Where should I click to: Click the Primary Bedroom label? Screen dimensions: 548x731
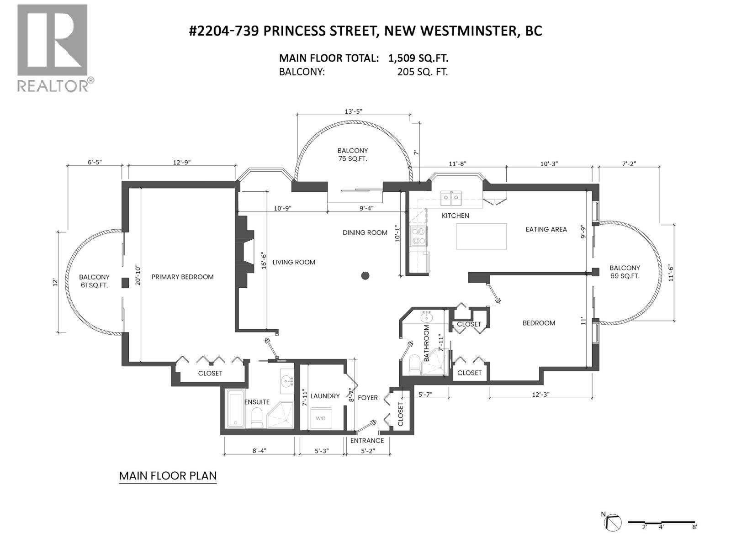coord(182,277)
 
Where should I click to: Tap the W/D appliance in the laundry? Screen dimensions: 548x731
coord(321,418)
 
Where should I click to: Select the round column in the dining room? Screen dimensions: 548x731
coord(365,275)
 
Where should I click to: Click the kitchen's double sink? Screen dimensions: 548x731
coord(450,198)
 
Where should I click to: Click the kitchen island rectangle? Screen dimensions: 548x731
coord(481,236)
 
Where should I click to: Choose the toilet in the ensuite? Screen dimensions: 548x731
coord(257,418)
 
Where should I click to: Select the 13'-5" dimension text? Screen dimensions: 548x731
coord(353,111)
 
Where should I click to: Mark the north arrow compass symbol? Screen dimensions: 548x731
coord(614,522)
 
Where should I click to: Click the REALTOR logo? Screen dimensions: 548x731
coord(53,47)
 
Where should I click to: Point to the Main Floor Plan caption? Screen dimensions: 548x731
coord(168,476)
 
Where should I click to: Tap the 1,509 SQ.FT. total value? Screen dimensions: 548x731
coord(418,58)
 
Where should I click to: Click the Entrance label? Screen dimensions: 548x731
coord(367,441)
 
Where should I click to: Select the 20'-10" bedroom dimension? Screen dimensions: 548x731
coord(138,274)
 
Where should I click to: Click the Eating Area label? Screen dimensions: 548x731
coord(546,229)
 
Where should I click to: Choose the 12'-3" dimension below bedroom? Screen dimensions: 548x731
coord(541,394)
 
